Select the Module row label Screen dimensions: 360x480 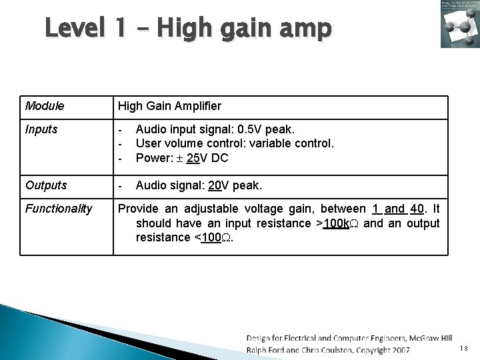tap(44, 106)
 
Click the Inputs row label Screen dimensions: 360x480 tap(41, 129)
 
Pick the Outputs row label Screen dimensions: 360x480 tap(45, 185)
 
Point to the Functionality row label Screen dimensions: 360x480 tap(59, 209)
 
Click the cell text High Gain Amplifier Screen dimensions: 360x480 tap(169, 106)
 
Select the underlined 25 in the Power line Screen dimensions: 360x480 tap(191, 157)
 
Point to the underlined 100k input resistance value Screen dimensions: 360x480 tap(336, 223)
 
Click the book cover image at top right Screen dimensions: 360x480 tap(459, 24)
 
